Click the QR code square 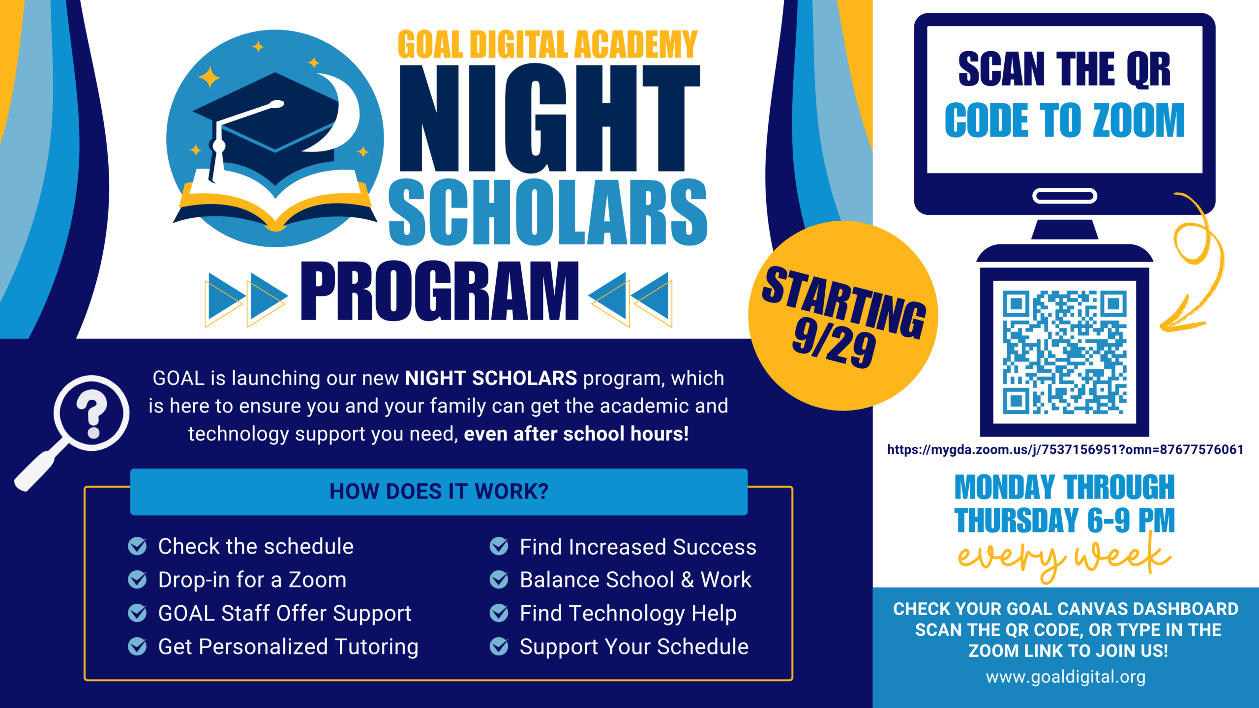1065,352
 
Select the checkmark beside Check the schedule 137,546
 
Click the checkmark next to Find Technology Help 499,613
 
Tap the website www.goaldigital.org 1066,677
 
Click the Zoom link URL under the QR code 1065,449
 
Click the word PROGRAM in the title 440,291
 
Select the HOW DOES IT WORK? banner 439,492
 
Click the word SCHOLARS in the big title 548,212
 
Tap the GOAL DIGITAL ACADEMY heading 548,44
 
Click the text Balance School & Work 635,580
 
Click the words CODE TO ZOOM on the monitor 1065,120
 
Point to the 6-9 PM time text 1131,520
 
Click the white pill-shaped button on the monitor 1065,196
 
